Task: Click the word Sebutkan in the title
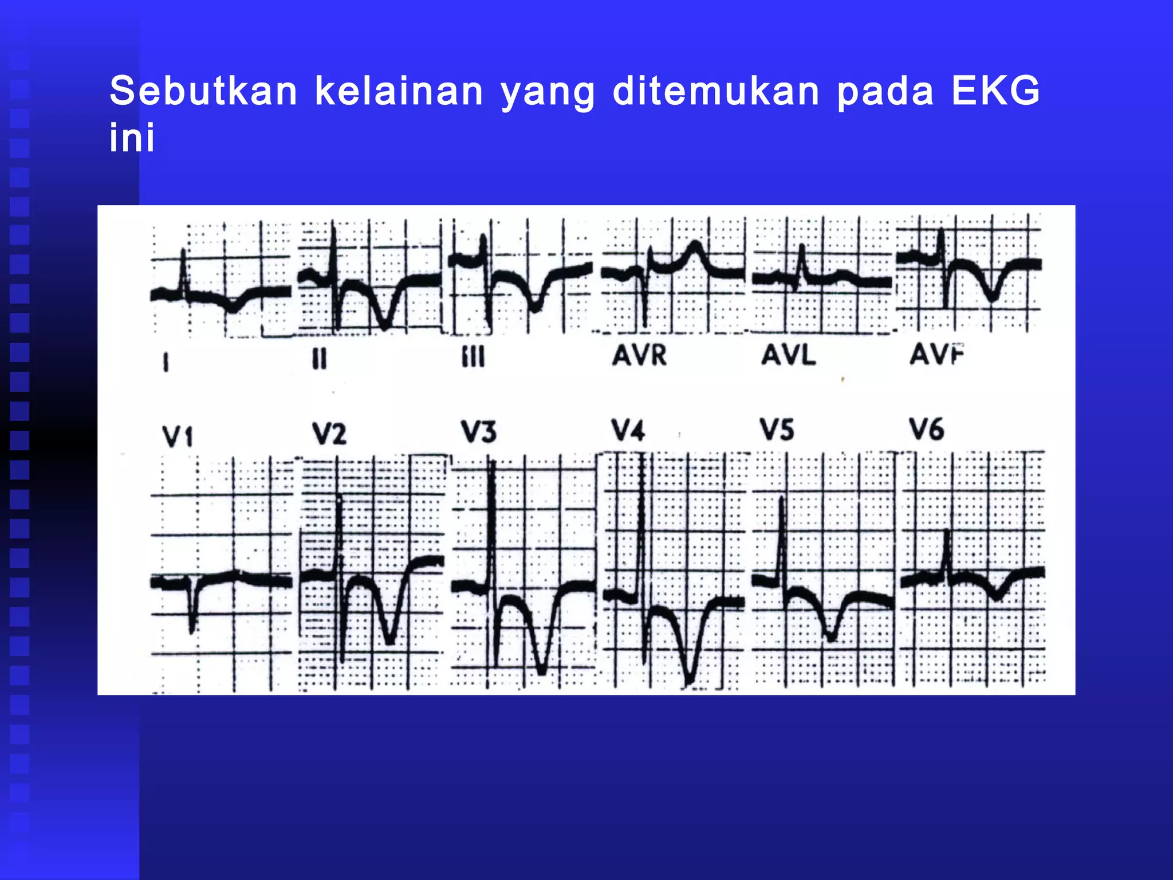pos(203,91)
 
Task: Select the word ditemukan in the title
pos(716,91)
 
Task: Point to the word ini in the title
pos(132,138)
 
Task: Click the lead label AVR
pos(639,356)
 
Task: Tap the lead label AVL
pos(788,356)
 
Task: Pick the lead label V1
pos(178,437)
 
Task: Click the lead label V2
pos(329,434)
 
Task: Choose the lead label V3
pos(479,432)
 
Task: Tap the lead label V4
pos(628,430)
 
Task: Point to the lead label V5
pos(777,430)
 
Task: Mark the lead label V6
pos(927,430)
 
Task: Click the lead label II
pos(320,359)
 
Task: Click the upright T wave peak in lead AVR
pos(695,244)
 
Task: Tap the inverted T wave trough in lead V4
pos(690,682)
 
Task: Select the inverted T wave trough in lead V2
pos(390,642)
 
